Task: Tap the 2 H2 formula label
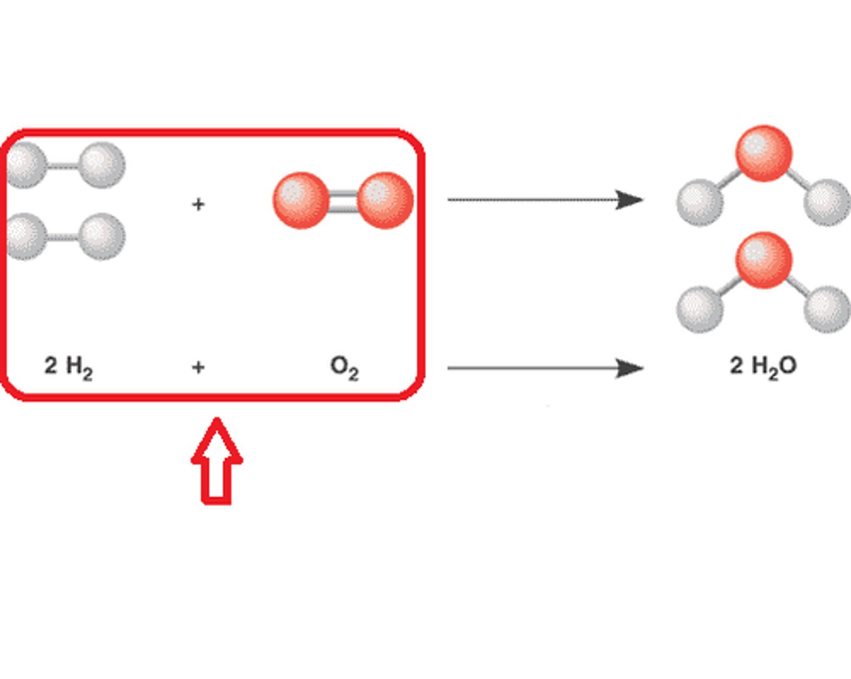coord(68,367)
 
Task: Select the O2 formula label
coord(345,367)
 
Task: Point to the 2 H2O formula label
coord(763,366)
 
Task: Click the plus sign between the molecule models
coord(199,204)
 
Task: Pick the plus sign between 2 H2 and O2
coord(199,368)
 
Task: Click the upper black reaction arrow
coord(544,200)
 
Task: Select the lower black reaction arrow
coord(544,368)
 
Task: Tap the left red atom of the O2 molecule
coord(301,200)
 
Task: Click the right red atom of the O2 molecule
coord(385,200)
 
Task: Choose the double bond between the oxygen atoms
coord(343,200)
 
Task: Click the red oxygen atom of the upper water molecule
coord(764,153)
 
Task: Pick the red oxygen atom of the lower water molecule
coord(764,260)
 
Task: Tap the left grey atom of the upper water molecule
coord(700,203)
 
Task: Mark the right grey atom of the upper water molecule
coord(827,203)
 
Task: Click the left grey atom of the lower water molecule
coord(700,309)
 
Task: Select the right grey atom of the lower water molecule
coord(827,309)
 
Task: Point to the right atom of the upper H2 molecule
coord(102,165)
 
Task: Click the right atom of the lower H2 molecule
coord(102,237)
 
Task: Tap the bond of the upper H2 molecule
coord(63,165)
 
